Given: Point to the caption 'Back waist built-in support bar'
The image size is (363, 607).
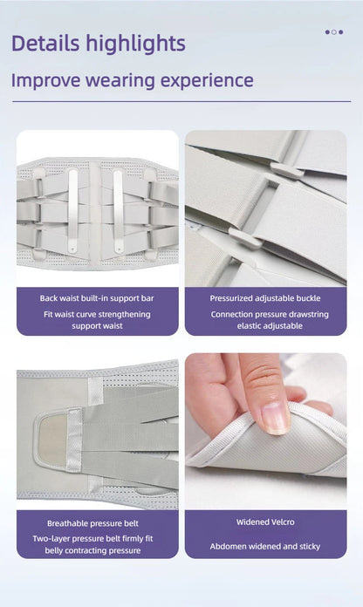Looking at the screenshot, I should click(x=97, y=298).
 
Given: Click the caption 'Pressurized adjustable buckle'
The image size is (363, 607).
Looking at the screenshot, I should click(x=264, y=298).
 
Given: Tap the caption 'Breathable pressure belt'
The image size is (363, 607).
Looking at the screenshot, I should click(x=97, y=522).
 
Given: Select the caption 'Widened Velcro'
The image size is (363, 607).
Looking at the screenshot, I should click(x=264, y=522).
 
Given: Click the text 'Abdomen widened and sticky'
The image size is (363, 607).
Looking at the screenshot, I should click(x=264, y=546).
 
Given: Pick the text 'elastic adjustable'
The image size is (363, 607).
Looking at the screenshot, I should click(x=264, y=325).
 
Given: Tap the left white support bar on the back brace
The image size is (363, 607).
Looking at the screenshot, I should click(x=73, y=201).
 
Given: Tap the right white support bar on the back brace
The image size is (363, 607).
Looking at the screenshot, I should click(x=119, y=201).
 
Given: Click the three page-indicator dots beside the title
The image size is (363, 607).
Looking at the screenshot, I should click(x=333, y=31).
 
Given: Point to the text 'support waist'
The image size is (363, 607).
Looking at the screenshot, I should click(x=97, y=325).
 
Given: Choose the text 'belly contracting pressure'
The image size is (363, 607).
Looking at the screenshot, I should click(x=97, y=550).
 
